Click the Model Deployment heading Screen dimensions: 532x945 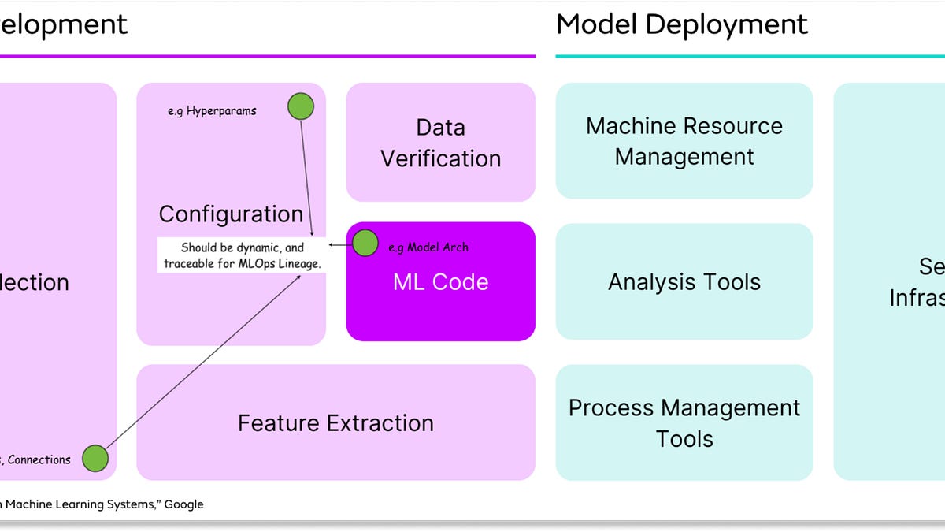tap(682, 24)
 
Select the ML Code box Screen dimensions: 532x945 tap(440, 282)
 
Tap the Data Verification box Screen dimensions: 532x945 tap(440, 143)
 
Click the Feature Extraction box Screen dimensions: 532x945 tap(335, 422)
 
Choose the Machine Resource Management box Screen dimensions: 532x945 tap(684, 141)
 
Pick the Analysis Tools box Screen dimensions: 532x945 tap(684, 282)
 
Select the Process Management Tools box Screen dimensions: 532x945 tap(684, 422)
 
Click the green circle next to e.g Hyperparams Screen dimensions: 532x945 tap(300, 106)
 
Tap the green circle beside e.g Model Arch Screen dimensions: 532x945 tap(365, 244)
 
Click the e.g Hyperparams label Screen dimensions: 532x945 tap(212, 111)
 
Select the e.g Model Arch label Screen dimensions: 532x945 tap(428, 247)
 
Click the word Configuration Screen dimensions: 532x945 tap(231, 214)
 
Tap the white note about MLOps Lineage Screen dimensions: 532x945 tap(243, 255)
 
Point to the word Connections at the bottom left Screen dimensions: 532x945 tap(39, 459)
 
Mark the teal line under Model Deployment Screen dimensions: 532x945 tap(748, 56)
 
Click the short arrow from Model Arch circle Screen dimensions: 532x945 tap(339, 244)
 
